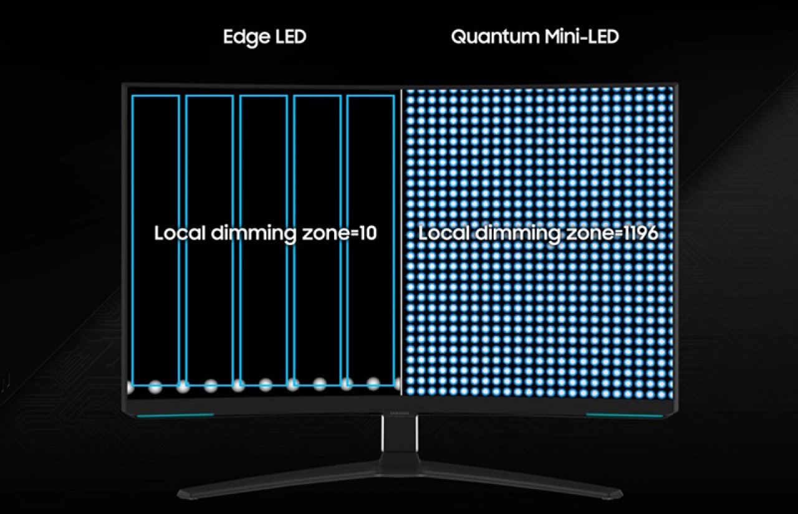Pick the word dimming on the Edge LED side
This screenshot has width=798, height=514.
253,234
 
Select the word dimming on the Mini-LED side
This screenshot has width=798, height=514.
518,234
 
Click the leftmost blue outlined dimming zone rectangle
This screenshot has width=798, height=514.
132,240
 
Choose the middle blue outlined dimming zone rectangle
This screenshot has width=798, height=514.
240,240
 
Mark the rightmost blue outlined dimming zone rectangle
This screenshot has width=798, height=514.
347,240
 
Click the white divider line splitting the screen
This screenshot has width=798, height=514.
401,242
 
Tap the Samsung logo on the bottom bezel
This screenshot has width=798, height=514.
400,413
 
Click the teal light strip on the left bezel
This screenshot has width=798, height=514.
175,415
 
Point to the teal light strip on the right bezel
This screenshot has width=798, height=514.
624,415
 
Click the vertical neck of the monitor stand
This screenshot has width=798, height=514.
400,434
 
